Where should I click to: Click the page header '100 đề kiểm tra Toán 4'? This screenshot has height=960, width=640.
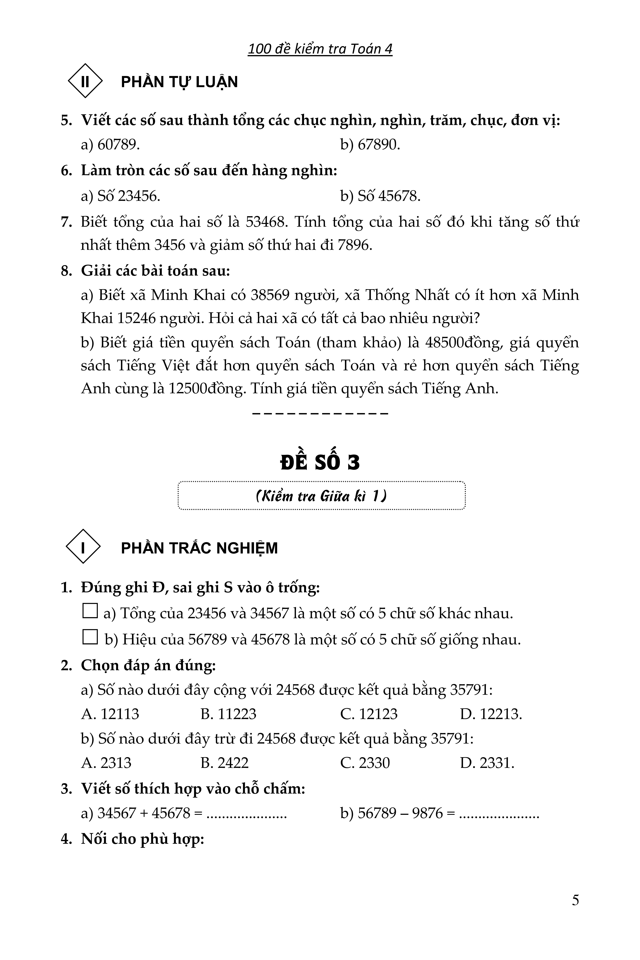320,49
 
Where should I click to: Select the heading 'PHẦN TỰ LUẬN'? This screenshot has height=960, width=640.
179,82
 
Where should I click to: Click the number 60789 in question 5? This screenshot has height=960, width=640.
118,145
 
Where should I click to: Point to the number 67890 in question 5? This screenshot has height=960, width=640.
379,145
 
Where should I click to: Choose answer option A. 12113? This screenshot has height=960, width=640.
110,714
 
